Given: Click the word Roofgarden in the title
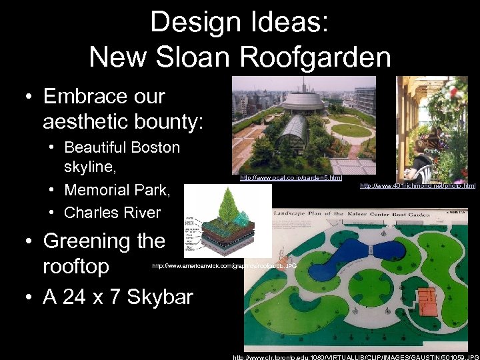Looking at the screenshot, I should click(x=316, y=57).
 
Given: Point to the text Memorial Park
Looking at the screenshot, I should click(x=117, y=190).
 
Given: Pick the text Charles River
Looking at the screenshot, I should click(x=112, y=213).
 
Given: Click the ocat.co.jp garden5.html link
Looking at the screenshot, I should click(x=291, y=178).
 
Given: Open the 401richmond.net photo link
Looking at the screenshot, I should click(x=417, y=185).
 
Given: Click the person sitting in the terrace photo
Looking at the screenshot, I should click(x=421, y=160).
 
